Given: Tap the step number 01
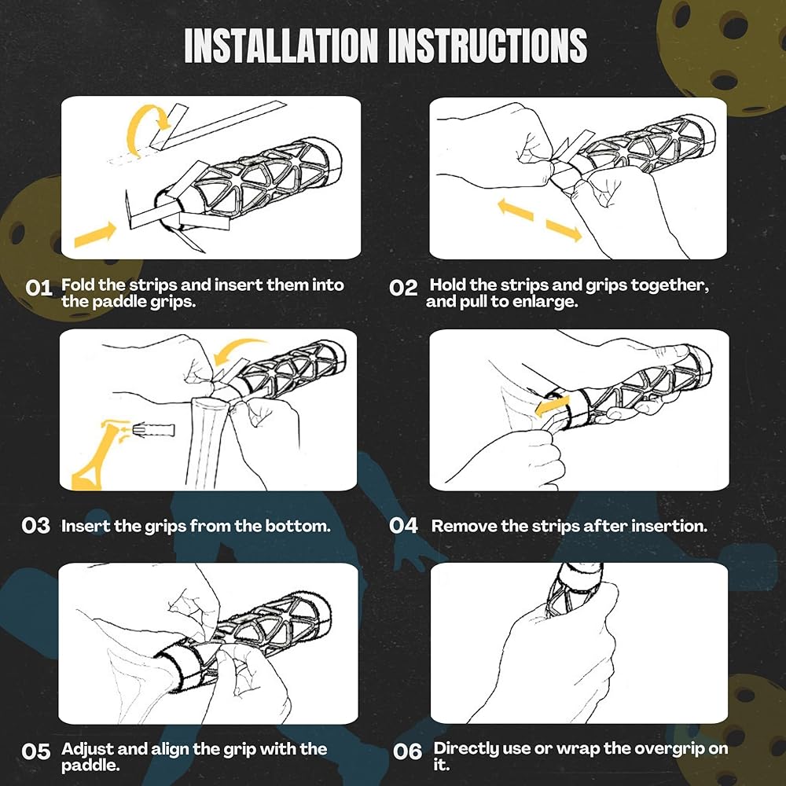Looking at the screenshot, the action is point(39,288).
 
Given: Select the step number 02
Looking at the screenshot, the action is point(403,288).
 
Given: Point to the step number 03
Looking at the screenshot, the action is point(36,526).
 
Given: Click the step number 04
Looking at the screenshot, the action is point(403,526).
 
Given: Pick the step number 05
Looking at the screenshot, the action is point(36,751).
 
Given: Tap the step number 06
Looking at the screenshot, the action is point(407,751).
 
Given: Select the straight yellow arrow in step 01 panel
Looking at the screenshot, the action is point(95,234).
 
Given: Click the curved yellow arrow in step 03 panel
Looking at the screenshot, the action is point(238,346).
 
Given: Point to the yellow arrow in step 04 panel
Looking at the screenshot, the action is point(552,406).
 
